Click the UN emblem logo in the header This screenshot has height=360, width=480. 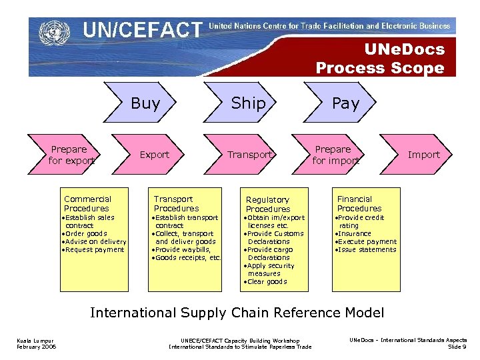(53, 32)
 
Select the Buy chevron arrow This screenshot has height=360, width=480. (145, 103)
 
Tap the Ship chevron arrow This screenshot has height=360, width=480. (248, 103)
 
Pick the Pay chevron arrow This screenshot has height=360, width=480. (345, 103)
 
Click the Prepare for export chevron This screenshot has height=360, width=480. (69, 155)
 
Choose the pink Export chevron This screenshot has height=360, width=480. (155, 155)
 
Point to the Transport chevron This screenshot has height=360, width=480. (249, 155)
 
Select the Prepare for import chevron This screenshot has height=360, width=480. (335, 155)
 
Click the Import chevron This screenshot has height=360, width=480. (424, 155)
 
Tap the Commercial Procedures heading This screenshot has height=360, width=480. (87, 203)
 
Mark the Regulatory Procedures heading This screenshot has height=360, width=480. (267, 204)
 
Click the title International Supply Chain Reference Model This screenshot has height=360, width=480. (237, 313)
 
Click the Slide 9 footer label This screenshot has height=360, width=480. (457, 347)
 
